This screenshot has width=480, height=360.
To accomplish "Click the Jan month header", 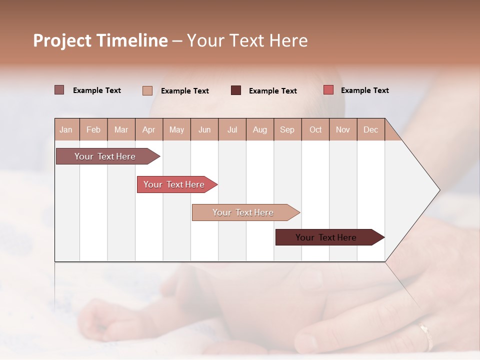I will tap(66, 129).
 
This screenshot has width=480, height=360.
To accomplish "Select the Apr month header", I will tap(148, 129).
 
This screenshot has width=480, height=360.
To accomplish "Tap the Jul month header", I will tap(232, 129).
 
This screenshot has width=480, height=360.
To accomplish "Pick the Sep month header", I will tap(287, 129).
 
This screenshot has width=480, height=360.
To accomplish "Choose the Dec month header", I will tap(370, 129).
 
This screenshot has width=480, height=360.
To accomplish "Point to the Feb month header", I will tap(93, 129).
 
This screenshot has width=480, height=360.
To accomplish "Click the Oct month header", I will tap(315, 129).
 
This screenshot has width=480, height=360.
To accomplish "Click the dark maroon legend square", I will tap(236, 90).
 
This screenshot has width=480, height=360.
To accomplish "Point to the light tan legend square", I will tap(147, 90).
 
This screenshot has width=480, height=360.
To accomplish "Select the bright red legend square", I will tap(328, 90).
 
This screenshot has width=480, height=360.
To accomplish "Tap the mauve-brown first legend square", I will tap(59, 90).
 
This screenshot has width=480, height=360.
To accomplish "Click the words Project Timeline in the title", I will tap(100, 40).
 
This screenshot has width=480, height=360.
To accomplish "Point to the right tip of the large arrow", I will tap(439, 190).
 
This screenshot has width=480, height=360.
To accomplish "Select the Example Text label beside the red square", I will tap(364, 90).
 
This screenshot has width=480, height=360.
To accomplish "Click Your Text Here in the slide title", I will tap(247, 40).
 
